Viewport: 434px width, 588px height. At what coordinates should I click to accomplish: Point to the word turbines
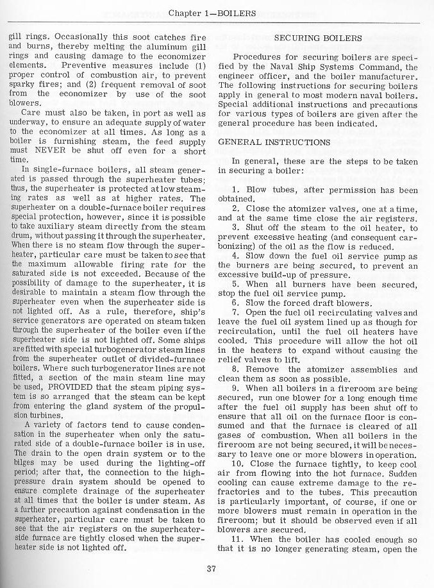pos(37,416)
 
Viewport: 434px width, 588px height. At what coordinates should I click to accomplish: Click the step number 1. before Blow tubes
pos(235,190)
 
